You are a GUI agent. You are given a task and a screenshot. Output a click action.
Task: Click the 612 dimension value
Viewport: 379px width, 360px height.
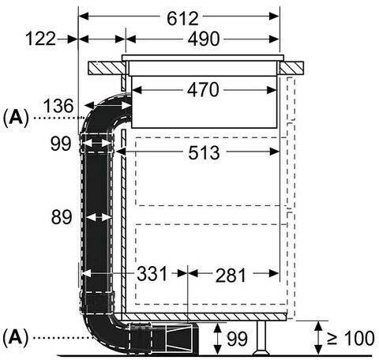point(182,18)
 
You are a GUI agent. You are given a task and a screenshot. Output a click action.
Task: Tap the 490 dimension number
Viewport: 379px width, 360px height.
point(204,39)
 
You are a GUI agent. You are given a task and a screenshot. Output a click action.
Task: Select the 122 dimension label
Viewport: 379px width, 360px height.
point(40,39)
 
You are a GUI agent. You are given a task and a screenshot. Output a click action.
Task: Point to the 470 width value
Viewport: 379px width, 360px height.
point(203,90)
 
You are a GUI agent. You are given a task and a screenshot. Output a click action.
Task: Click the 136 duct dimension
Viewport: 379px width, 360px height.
point(58,106)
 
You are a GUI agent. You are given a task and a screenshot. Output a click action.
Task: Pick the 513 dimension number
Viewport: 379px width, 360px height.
point(204,152)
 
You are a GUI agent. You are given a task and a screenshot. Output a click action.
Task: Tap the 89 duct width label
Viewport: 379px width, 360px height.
point(62,217)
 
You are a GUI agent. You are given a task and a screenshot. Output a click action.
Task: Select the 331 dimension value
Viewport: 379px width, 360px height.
point(152,274)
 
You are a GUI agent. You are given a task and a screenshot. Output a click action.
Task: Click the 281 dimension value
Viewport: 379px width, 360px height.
point(231,276)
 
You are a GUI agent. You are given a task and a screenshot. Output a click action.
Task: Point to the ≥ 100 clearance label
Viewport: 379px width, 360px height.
point(351,338)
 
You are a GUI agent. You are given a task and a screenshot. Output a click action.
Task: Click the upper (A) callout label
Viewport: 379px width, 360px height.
point(16,118)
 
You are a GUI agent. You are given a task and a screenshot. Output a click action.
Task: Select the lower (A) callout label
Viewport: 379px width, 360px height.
point(16,337)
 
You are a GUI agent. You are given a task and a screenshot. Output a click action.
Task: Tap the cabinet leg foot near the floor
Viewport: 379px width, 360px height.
point(261,352)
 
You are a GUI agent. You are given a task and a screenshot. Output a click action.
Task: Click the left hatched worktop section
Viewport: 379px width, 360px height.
point(107,68)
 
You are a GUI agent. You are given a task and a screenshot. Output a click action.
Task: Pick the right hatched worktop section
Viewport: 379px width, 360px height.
point(291,68)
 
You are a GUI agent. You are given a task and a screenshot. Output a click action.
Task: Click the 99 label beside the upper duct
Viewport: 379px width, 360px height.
point(61,144)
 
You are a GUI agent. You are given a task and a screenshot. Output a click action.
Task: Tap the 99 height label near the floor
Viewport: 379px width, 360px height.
point(237,339)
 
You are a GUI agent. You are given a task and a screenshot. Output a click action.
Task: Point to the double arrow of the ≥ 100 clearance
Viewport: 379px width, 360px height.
point(319,338)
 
